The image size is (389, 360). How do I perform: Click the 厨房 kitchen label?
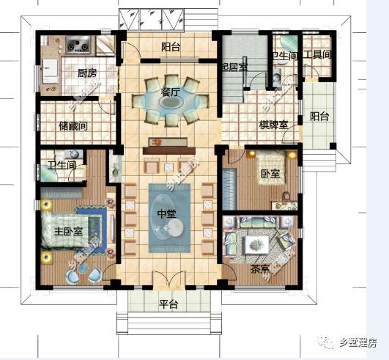tap(88, 73)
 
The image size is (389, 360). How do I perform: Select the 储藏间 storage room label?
tap(73, 126)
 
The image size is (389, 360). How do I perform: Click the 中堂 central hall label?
tap(166, 215)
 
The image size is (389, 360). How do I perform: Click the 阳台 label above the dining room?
tap(171, 48)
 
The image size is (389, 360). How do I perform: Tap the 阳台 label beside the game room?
tap(319, 116)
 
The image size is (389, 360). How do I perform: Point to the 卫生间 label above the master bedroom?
tap(62, 166)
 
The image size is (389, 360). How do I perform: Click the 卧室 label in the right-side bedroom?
tap(270, 175)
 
